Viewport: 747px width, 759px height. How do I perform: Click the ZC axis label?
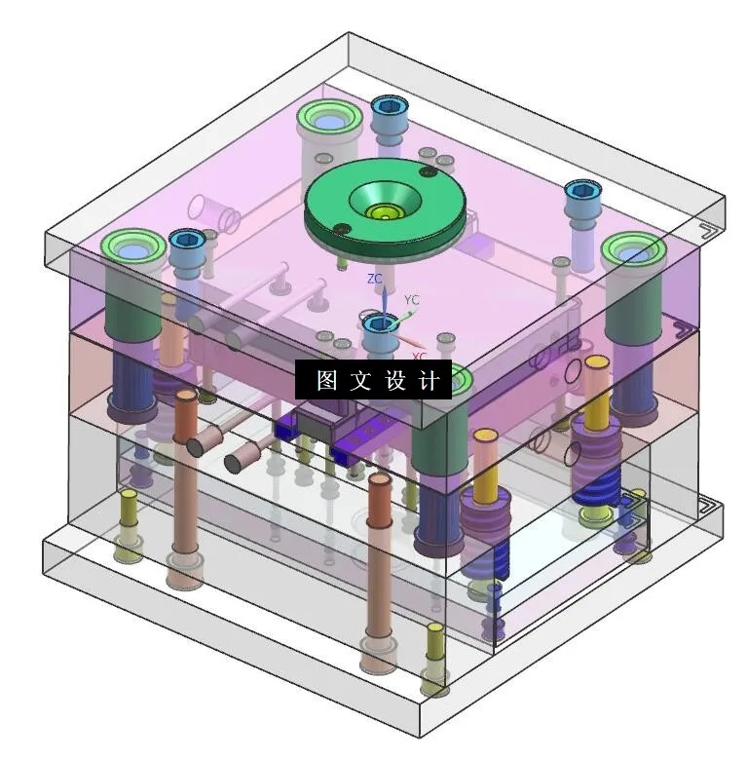click(374, 279)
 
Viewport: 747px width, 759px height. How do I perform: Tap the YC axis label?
click(412, 300)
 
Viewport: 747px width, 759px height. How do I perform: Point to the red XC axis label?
click(418, 357)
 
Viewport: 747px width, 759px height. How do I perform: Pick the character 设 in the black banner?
click(394, 381)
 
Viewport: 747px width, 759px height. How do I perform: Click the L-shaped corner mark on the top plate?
click(709, 231)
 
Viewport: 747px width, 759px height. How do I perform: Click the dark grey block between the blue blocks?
click(313, 425)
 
